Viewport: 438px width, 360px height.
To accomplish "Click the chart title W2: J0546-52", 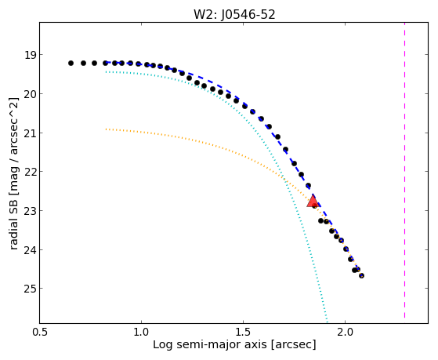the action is click(234, 14).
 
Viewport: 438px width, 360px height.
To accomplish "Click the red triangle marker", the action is click(313, 202).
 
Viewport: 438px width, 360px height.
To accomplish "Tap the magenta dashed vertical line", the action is click(404, 170).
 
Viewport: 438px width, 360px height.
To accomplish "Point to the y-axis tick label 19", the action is click(31, 55).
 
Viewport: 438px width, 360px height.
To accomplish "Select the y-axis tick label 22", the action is click(31, 172).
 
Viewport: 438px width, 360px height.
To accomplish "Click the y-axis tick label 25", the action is click(31, 289).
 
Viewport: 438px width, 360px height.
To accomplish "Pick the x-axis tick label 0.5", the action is click(40, 332).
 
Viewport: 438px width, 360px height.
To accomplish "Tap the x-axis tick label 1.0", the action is click(142, 332).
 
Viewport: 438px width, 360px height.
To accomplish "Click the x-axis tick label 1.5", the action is click(244, 332).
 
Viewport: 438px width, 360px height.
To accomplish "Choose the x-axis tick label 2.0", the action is click(346, 332).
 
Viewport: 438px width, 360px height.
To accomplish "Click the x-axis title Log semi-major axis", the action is click(210, 344).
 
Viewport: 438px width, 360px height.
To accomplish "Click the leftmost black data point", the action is click(71, 64).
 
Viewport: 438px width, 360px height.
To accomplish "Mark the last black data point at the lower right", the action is click(361, 276).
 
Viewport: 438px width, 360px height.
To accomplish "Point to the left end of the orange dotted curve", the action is click(106, 129).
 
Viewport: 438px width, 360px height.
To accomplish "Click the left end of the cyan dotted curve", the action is click(106, 72).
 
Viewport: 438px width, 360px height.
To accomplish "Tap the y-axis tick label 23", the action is click(31, 211).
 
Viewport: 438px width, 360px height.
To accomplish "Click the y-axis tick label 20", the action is click(31, 94).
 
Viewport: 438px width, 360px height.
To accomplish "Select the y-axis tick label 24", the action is click(31, 249).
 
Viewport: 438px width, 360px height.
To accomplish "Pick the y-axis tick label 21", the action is click(31, 133).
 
